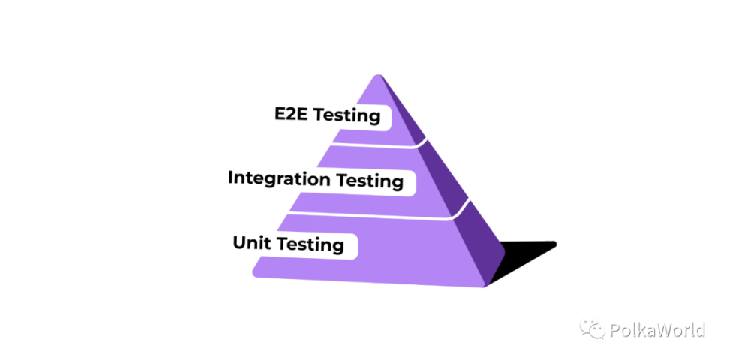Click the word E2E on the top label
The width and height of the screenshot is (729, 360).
(291, 113)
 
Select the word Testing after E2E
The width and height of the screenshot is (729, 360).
(346, 115)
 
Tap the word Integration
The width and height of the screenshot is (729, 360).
(279, 178)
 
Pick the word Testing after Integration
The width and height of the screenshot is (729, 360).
(370, 181)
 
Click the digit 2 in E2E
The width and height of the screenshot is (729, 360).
(291, 113)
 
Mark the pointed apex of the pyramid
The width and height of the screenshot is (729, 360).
(378, 75)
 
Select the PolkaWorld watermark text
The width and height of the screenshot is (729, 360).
(656, 330)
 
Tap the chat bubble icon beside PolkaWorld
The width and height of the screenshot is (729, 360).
(592, 328)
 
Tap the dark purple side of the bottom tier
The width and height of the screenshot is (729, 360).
(481, 244)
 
